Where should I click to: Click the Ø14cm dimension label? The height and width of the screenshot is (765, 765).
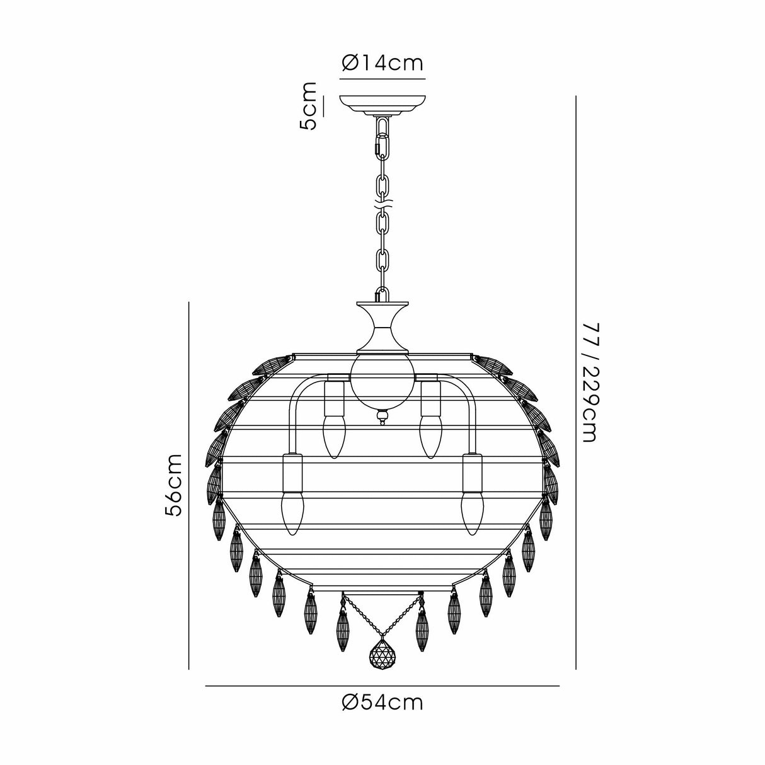[x=382, y=63]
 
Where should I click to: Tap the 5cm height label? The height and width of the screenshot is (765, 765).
[x=309, y=106]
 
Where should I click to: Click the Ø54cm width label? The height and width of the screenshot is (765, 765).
[x=382, y=702]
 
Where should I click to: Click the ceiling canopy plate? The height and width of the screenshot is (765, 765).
[x=382, y=103]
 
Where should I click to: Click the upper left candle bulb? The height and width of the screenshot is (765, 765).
[x=333, y=436]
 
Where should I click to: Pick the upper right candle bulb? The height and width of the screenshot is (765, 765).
[x=432, y=436]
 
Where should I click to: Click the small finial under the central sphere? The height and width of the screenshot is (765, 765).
[x=382, y=417]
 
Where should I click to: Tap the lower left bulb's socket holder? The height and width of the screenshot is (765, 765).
[x=292, y=473]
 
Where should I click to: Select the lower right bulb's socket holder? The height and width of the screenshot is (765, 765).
[x=471, y=473]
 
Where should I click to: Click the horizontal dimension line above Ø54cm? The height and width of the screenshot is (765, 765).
[x=382, y=686]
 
